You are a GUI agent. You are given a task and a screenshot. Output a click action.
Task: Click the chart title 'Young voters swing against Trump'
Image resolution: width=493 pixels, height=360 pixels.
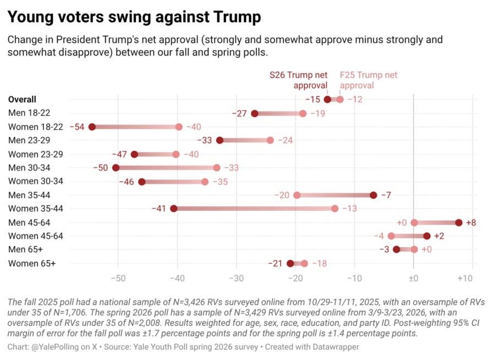(x=134, y=18)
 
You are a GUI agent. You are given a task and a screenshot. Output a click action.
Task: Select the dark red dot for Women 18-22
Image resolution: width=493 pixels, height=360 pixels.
(x=92, y=127)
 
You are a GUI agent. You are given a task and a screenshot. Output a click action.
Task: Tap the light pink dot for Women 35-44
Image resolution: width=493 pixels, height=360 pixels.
(x=335, y=209)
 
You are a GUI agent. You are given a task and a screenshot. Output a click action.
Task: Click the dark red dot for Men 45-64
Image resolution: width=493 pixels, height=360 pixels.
(x=459, y=222)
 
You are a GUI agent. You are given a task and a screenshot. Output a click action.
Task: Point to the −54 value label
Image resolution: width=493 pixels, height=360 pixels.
(x=77, y=127)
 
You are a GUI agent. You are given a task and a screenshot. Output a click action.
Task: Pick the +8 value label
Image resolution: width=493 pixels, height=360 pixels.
(x=471, y=222)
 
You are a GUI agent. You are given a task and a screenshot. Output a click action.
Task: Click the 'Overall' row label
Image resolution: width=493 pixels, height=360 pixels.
(x=23, y=100)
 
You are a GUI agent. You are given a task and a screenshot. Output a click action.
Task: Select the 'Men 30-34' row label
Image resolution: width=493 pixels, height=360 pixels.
(x=28, y=168)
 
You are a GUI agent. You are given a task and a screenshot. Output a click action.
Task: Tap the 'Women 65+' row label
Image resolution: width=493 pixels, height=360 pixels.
(x=32, y=264)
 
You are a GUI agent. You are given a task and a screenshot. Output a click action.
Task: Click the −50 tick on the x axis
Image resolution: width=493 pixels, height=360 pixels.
(x=118, y=279)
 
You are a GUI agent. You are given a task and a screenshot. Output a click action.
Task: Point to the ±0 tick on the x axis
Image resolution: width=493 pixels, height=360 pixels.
(x=413, y=279)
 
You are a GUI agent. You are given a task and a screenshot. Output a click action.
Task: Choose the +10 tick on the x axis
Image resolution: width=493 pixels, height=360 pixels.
(x=465, y=279)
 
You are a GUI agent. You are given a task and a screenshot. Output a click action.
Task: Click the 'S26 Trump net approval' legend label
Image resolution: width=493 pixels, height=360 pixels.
(x=298, y=80)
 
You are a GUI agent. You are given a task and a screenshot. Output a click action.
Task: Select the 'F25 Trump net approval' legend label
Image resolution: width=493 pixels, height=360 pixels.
(x=368, y=80)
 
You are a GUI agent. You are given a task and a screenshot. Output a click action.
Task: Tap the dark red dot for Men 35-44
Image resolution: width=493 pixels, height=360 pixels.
(x=374, y=195)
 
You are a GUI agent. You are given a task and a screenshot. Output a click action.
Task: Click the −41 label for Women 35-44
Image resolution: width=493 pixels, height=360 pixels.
(x=159, y=209)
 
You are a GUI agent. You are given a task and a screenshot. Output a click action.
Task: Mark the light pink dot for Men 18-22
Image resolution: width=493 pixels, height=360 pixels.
(x=303, y=113)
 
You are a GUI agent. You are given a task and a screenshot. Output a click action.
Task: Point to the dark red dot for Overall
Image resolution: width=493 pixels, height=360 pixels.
(x=327, y=100)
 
